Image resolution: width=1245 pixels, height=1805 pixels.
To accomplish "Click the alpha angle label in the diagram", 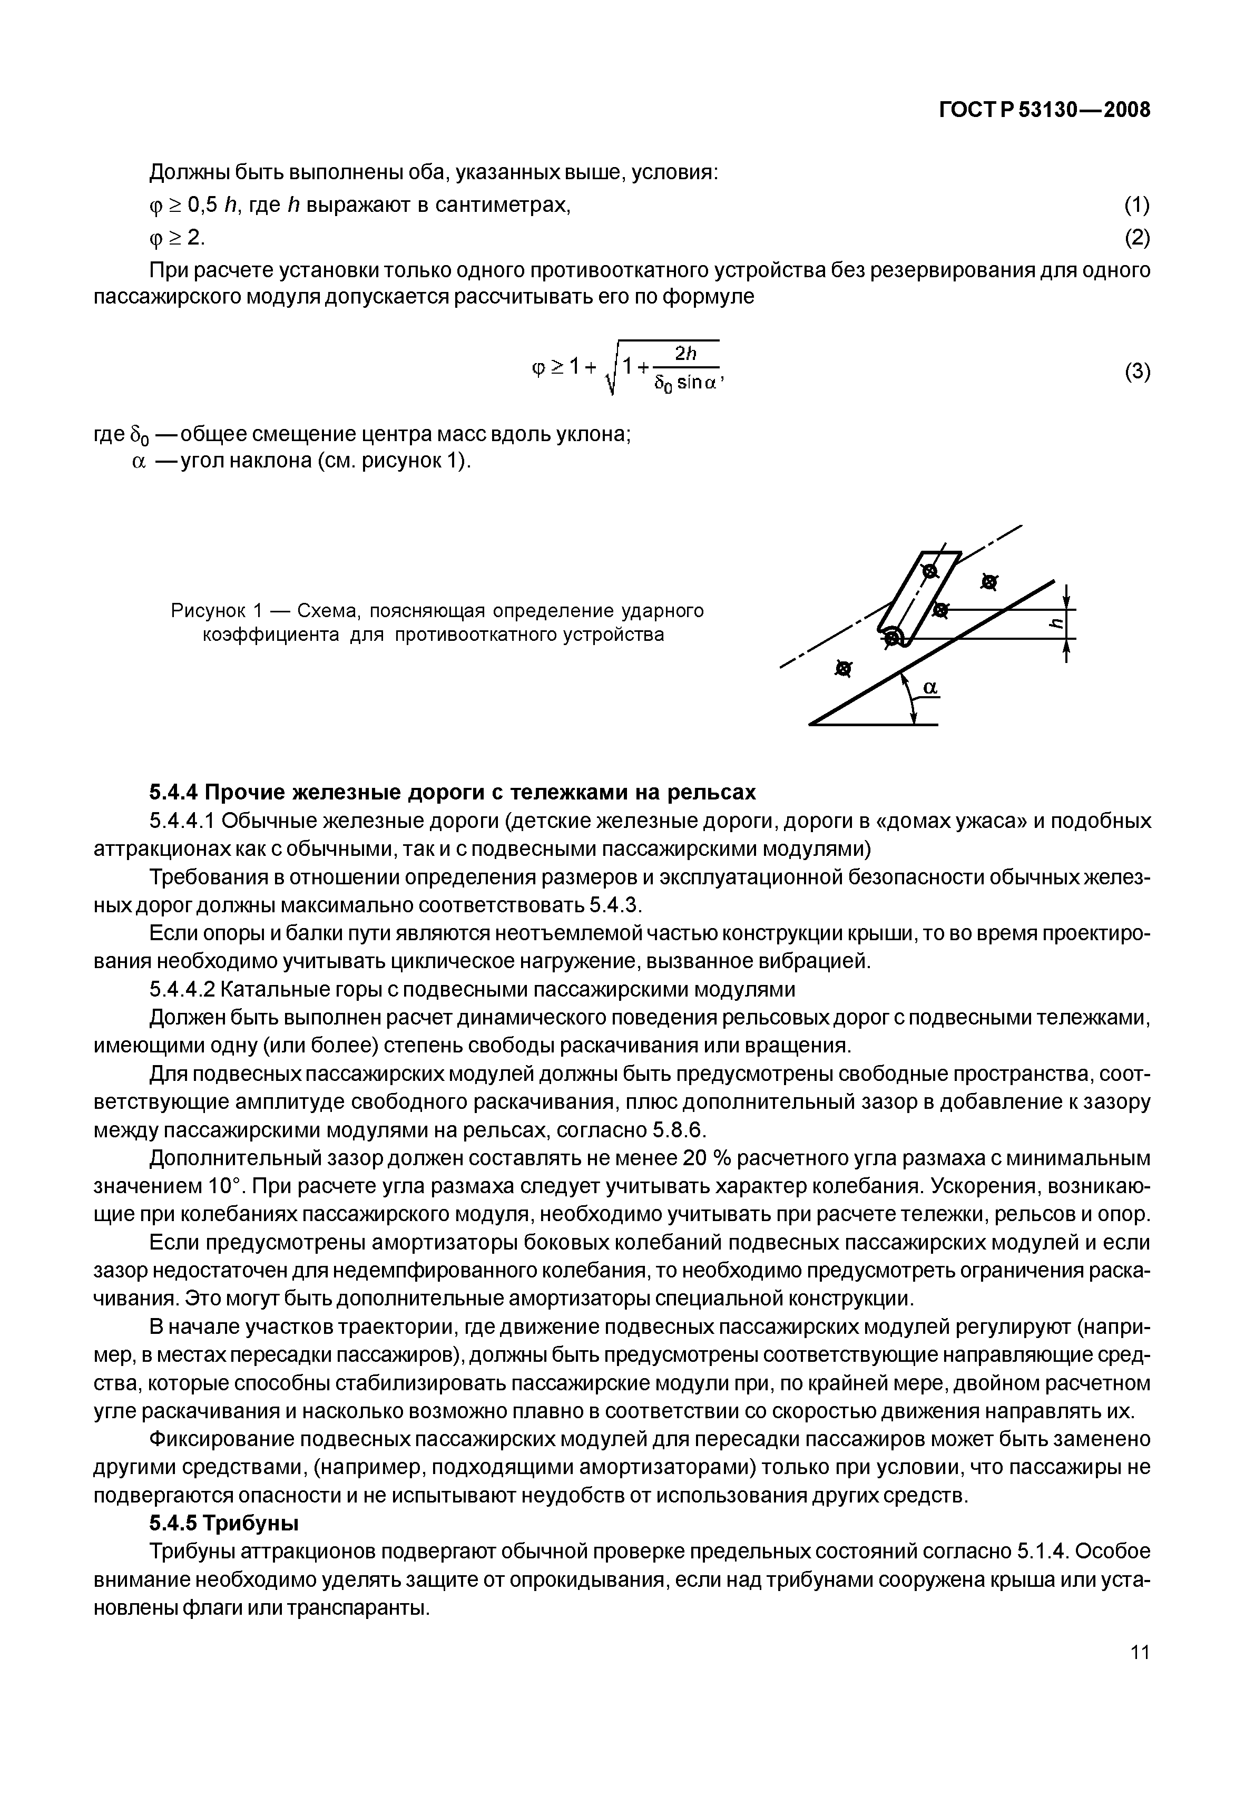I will (930, 687).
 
